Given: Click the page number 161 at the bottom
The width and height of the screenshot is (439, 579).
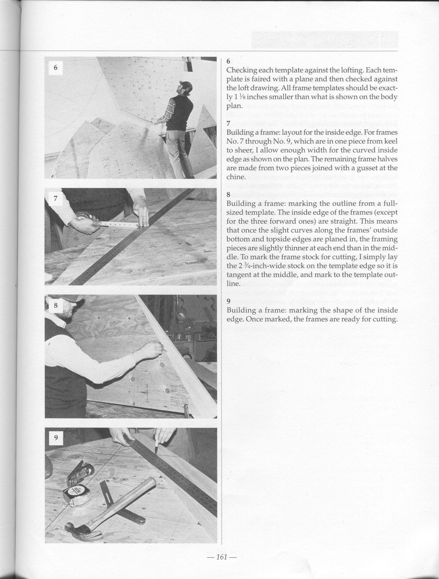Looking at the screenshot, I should point(221,557).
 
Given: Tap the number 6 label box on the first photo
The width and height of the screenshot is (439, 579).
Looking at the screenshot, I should point(55,68).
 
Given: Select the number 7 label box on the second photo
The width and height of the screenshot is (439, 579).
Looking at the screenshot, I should point(55,198).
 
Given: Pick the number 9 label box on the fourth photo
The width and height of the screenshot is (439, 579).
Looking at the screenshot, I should point(56,438).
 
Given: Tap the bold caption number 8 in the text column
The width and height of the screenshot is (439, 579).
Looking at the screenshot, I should point(228,195).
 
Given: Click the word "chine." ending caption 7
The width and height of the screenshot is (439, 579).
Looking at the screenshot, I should point(236,177).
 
